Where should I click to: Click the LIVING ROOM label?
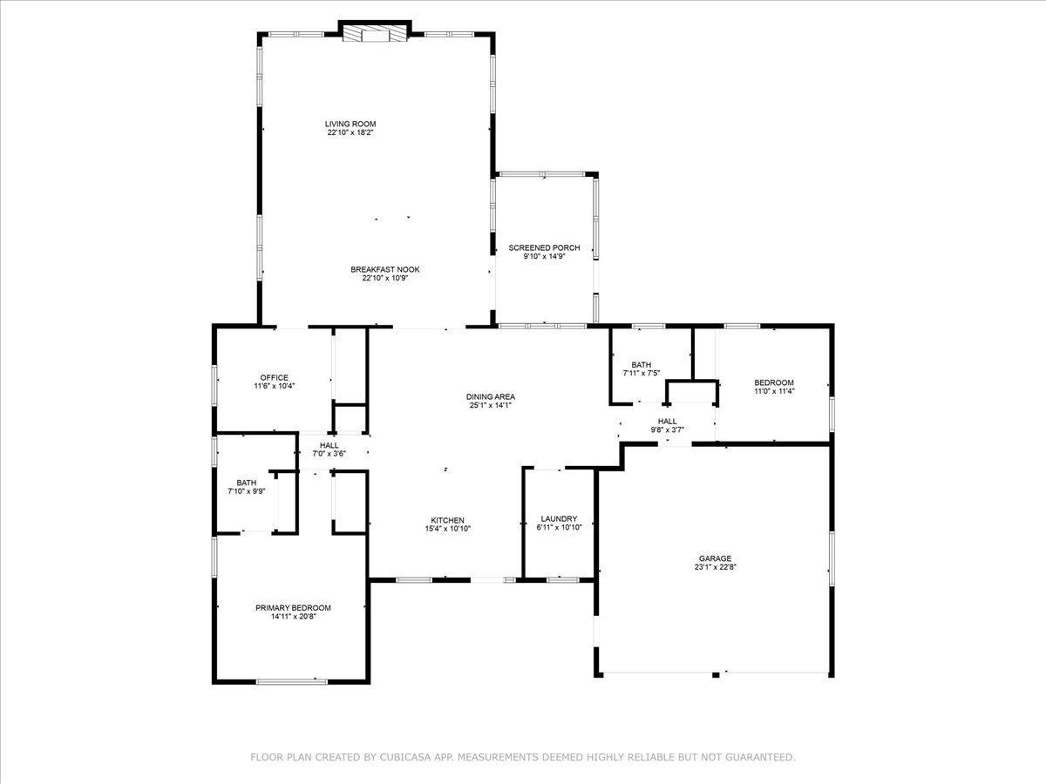tap(350, 125)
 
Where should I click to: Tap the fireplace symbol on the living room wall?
tap(375, 33)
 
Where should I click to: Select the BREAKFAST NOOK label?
tap(385, 269)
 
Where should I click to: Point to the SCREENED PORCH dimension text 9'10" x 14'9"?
tap(544, 256)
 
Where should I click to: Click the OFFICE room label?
tap(274, 378)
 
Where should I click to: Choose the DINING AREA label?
tap(491, 397)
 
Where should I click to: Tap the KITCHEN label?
tap(447, 520)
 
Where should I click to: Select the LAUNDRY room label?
tap(559, 519)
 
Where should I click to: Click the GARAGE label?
tap(715, 558)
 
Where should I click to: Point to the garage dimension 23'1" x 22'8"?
tap(716, 567)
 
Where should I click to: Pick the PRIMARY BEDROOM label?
tap(293, 608)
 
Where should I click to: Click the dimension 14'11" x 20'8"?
tap(294, 617)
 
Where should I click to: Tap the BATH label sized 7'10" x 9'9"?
tap(247, 483)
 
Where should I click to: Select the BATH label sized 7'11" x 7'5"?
tap(642, 365)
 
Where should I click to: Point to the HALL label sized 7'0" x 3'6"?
tap(329, 445)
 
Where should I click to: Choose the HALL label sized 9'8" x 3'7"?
tap(667, 422)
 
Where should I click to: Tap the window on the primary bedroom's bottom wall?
tap(292, 682)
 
